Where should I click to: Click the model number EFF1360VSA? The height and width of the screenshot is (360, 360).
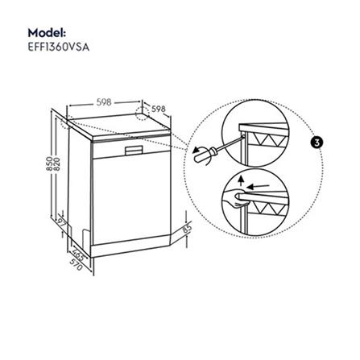tap(58, 47)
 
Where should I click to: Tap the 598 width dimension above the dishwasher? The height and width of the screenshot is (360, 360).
tap(103, 103)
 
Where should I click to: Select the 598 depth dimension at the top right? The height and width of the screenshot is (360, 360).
tap(158, 107)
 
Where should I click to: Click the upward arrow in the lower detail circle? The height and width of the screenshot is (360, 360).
tap(241, 180)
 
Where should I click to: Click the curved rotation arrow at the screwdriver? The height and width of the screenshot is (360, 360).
tap(193, 150)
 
